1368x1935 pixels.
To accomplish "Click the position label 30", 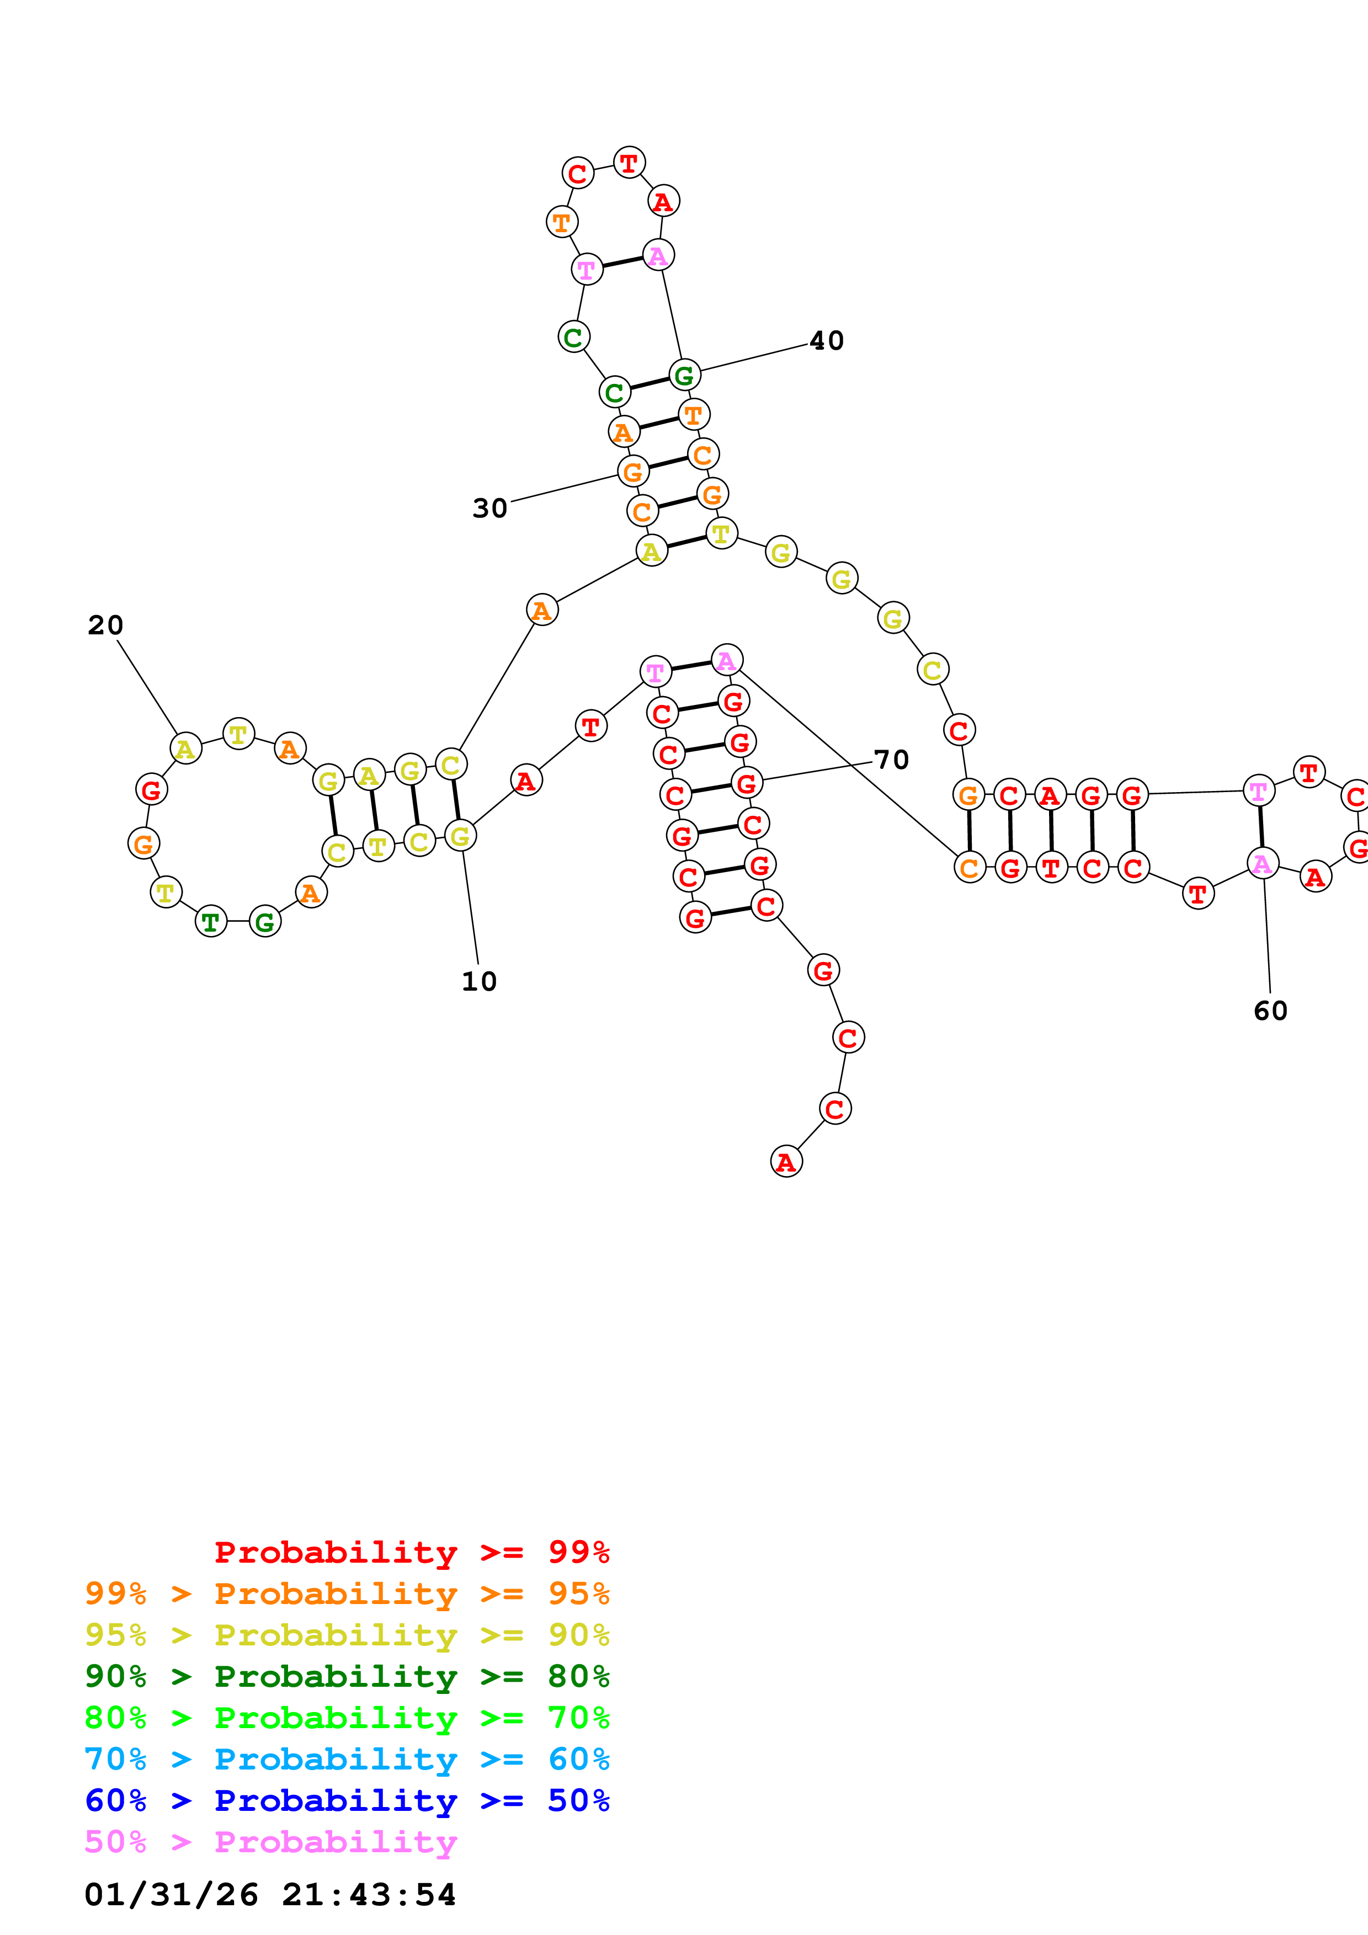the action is click(x=489, y=508).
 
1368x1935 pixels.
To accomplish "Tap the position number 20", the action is click(x=105, y=626).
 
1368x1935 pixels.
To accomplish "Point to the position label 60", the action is click(x=1270, y=1011).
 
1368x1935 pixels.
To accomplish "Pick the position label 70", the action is click(x=891, y=760).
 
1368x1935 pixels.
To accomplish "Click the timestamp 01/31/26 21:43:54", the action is click(x=270, y=1895).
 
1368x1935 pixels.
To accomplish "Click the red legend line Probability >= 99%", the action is click(x=411, y=1552).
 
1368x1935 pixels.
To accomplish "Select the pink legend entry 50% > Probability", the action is click(x=270, y=1842).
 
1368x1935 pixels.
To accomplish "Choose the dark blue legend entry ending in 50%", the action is click(x=347, y=1801).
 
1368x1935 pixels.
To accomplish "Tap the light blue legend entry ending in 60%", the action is click(x=347, y=1760).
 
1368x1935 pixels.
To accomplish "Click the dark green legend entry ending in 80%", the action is click(x=347, y=1677).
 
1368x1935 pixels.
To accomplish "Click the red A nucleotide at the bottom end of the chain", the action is click(x=786, y=1162).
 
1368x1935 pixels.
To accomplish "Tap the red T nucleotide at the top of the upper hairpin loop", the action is click(x=629, y=163).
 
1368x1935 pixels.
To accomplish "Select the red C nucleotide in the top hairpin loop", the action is click(x=577, y=174).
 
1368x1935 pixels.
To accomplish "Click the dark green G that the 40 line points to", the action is click(x=684, y=375).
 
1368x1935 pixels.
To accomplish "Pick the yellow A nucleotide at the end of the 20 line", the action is click(x=185, y=749).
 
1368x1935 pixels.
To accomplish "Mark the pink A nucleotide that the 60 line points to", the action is click(x=1262, y=864).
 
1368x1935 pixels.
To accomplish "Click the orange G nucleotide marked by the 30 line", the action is click(x=633, y=472).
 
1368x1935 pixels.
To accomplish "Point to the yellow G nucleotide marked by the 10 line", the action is click(x=459, y=836).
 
